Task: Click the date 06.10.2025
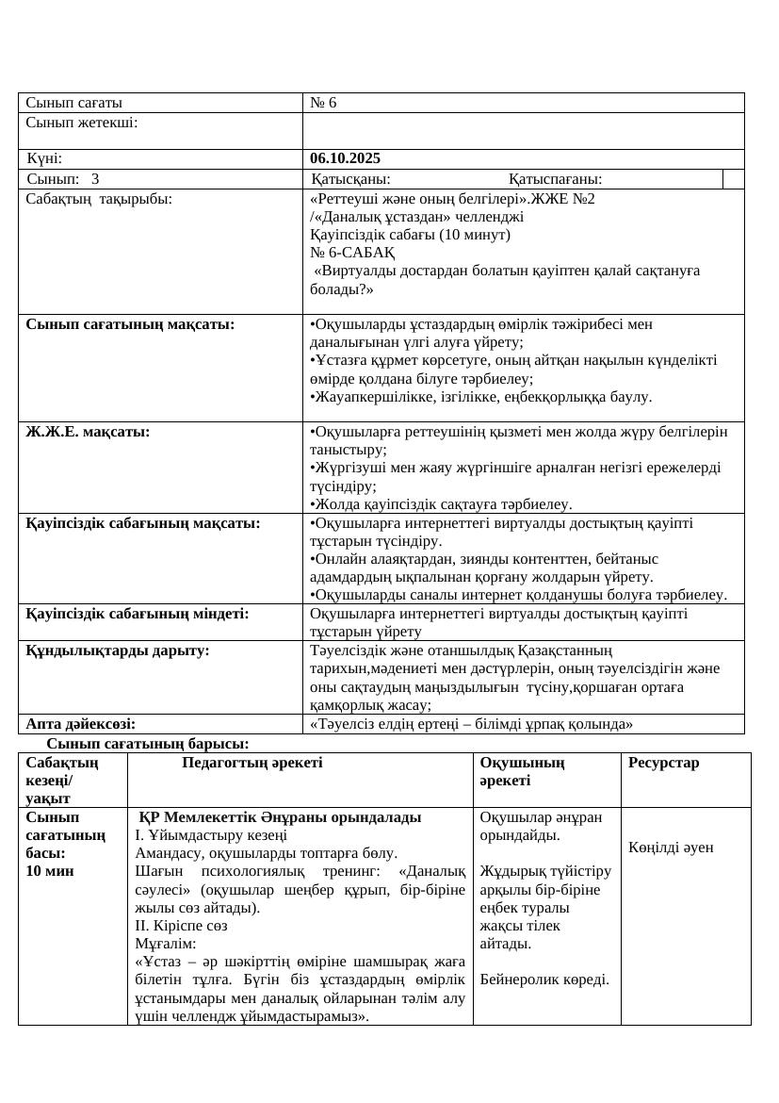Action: click(346, 158)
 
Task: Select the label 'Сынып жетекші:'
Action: click(82, 122)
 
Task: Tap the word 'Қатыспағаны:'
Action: click(556, 179)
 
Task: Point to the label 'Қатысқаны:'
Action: click(351, 179)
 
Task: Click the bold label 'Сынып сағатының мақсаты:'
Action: click(130, 324)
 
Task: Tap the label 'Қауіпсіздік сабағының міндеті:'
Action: click(138, 613)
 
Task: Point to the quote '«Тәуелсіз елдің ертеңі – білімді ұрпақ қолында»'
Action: click(470, 724)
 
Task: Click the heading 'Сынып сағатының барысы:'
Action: click(148, 745)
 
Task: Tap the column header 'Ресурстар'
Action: click(664, 763)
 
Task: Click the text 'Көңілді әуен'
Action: click(672, 847)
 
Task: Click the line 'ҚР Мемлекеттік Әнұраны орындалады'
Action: click(280, 816)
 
